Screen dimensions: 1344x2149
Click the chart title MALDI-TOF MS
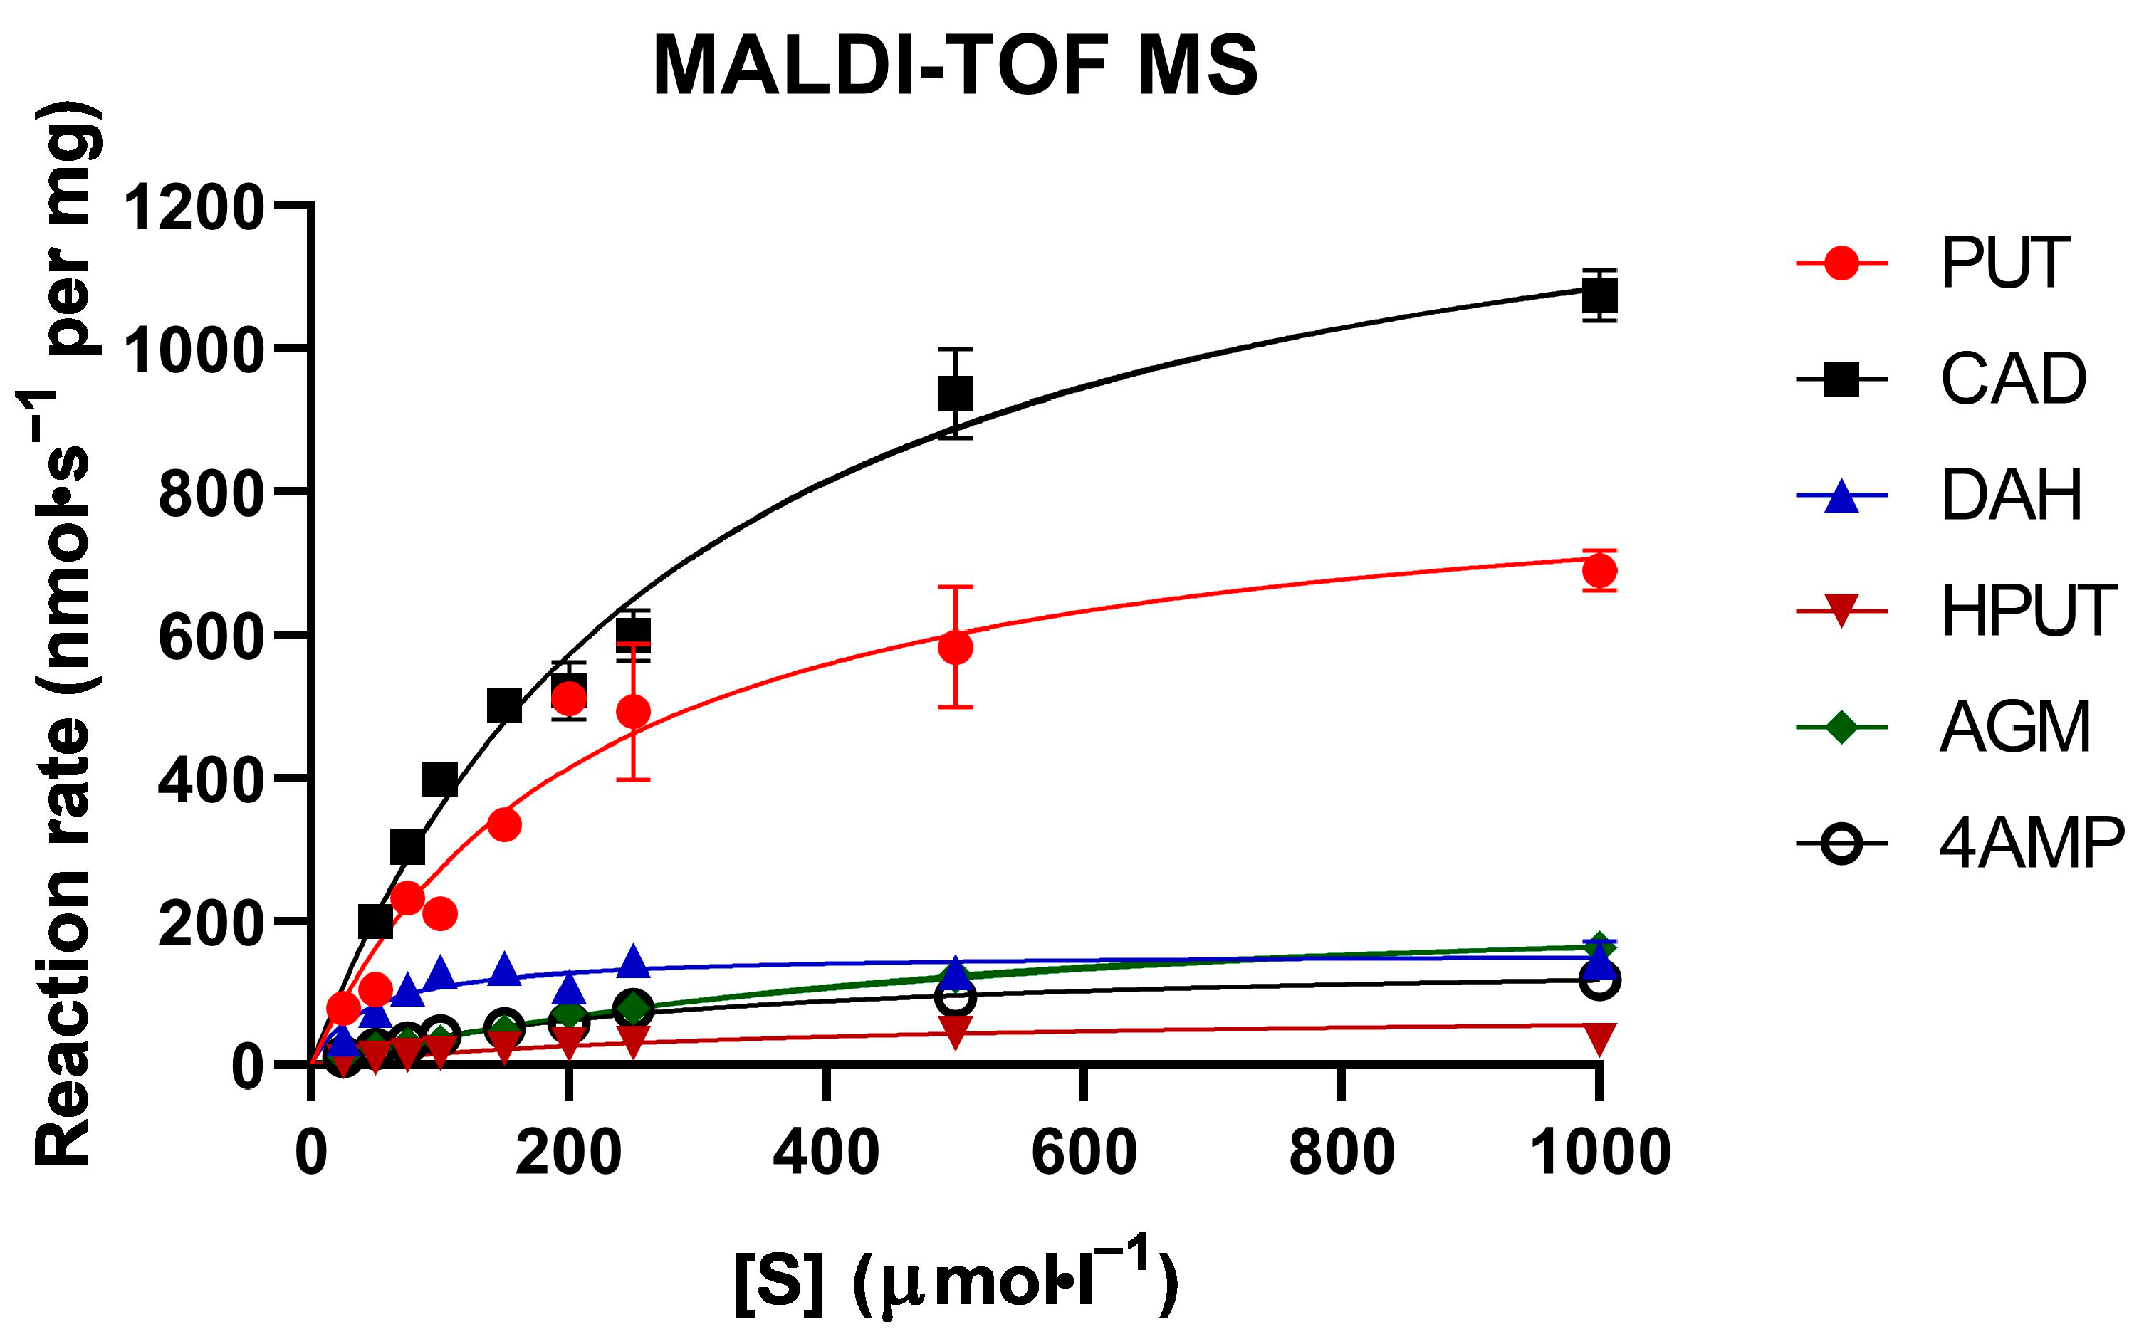[955, 67]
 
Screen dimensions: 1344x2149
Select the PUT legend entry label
[2005, 263]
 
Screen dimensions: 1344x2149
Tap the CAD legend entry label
[2013, 379]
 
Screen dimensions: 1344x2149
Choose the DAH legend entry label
[2011, 495]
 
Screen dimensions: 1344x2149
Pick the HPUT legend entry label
[2028, 611]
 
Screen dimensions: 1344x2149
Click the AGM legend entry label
[2014, 727]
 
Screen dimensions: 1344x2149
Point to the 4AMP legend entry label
[2032, 843]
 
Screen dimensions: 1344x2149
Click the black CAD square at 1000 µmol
[1599, 295]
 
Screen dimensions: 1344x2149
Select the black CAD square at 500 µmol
[955, 394]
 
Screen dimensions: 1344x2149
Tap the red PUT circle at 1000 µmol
[1599, 571]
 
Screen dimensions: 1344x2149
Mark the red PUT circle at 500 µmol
[955, 647]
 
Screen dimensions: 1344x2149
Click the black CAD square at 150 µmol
[504, 705]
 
